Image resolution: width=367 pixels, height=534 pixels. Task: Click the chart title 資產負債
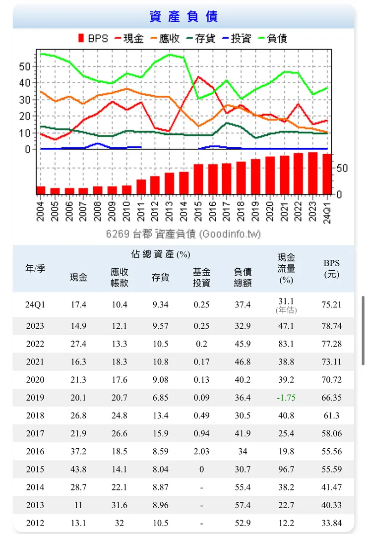pos(183,16)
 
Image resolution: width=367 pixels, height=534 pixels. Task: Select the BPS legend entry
pos(93,38)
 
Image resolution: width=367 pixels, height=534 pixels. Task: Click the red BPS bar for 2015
pos(198,179)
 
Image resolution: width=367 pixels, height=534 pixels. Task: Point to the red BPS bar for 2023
pos(313,173)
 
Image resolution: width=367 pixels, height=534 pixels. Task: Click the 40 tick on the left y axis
pos(25,83)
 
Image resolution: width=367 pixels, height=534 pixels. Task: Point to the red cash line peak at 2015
pos(198,77)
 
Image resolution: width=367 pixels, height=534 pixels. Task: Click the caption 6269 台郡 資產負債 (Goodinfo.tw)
pos(183,234)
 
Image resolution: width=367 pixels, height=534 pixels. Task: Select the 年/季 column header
pos(35,268)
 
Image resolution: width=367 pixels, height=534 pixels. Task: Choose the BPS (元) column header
pos(332,268)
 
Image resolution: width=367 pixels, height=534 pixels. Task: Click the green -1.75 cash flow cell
pos(286,398)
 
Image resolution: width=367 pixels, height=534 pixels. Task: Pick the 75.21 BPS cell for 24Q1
pos(332,304)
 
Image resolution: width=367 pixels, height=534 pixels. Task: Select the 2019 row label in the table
pos(35,398)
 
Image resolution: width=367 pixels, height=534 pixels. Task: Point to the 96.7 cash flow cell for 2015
pos(286,469)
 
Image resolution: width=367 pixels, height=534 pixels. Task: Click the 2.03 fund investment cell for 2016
pos(201,451)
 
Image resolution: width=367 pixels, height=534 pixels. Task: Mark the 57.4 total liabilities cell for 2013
pos(243,505)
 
